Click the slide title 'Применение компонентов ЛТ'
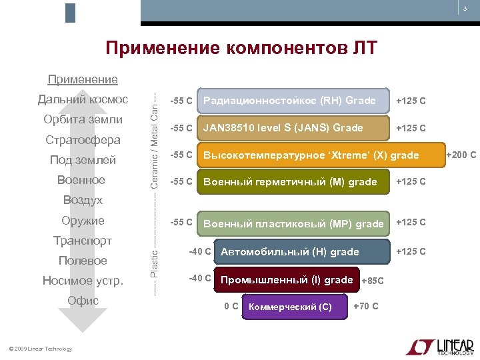pos(241,48)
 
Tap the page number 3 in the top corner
pos(465,9)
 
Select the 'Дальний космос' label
pos(83,99)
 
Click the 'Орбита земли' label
pos(83,119)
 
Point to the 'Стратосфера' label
pos(83,140)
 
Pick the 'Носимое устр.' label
pos(83,281)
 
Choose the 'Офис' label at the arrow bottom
pos(83,301)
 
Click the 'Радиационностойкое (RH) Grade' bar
pos(293,101)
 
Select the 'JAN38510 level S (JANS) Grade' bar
pos(293,127)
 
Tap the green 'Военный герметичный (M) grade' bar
pos(293,181)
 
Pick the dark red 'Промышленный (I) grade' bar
pos(287,280)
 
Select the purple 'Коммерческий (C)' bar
pos(294,307)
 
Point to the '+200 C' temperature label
pos(461,155)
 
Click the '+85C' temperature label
pos(372,281)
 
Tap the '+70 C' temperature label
pos(365,307)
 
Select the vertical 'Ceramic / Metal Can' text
pos(154,140)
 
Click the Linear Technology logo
pos(439,347)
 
